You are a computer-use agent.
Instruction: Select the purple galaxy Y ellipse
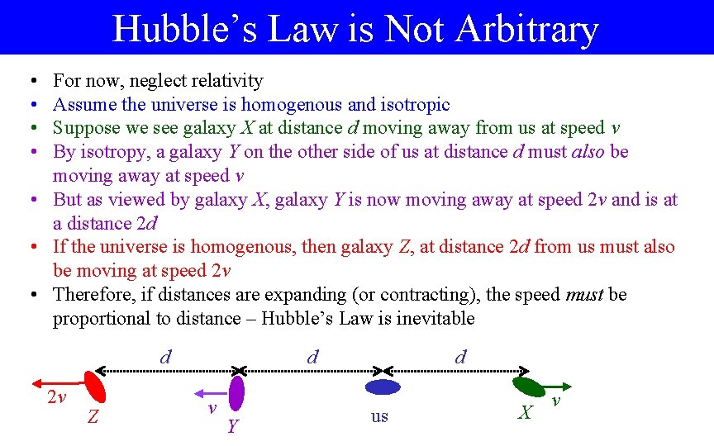point(237,393)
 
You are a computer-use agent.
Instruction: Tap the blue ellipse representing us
point(383,387)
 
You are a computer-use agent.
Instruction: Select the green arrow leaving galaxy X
point(557,386)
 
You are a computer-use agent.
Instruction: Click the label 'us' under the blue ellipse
point(379,416)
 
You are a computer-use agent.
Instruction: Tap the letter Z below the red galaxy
point(93,418)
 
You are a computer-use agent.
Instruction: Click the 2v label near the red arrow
point(55,398)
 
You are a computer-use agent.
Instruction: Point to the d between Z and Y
point(166,357)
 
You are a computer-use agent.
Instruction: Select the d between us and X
point(460,357)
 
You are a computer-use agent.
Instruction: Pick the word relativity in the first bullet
point(224,81)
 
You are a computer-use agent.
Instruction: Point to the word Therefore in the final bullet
point(88,295)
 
